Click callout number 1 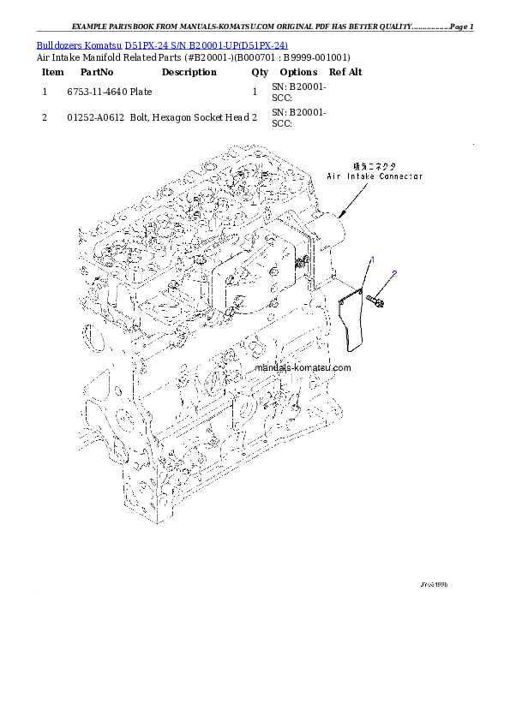[372, 259]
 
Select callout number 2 [393, 274]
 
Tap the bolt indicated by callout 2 [375, 299]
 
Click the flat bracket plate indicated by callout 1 [352, 320]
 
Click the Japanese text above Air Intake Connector [375, 165]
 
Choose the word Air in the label [334, 176]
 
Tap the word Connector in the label [403, 176]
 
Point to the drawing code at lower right [434, 584]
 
